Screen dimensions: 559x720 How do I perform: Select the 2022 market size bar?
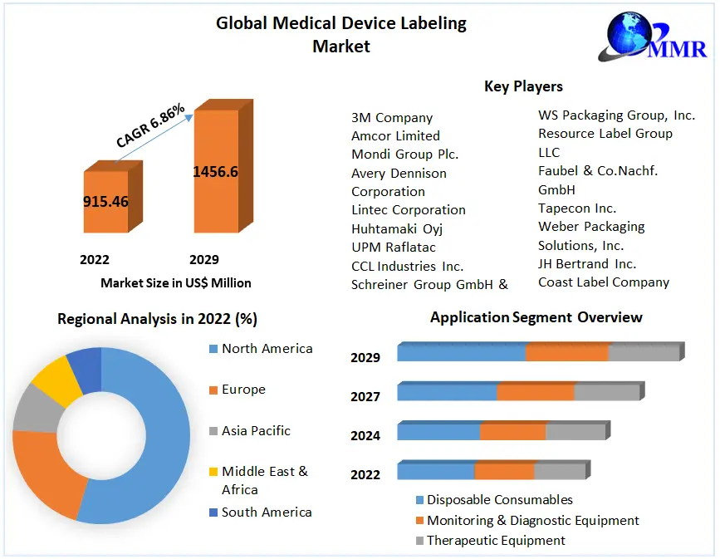coord(105,201)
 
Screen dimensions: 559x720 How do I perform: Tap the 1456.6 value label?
coord(215,172)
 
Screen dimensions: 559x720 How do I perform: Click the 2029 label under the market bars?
coord(204,260)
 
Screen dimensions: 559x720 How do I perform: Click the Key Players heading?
coord(523,86)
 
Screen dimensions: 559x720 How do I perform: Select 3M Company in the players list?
coord(392,118)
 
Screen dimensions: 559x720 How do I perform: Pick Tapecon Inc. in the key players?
coord(577,208)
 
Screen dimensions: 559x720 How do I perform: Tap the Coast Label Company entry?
coord(604,282)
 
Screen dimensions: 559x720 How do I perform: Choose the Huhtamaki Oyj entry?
coord(398,228)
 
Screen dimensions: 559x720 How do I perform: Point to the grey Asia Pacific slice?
coord(31,408)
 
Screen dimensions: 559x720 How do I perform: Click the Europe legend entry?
coord(243,390)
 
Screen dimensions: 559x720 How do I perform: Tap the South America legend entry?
coord(266,512)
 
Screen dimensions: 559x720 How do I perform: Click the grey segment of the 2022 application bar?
coord(560,472)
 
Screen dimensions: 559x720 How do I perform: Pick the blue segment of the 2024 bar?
coord(438,432)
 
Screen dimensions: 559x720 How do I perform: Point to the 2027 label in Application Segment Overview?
coord(365,397)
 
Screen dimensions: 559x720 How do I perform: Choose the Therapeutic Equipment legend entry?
coord(496,541)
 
